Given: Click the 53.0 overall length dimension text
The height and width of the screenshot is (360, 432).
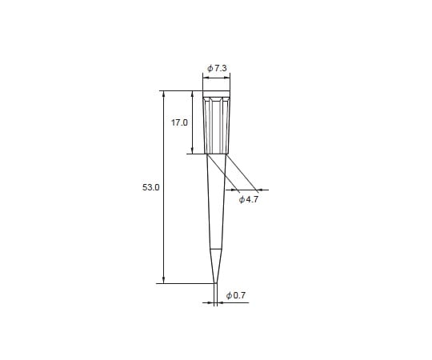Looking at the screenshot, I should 151,186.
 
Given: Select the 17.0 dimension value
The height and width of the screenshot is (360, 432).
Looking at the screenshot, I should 179,122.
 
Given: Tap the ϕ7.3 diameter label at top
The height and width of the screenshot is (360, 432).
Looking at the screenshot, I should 217,69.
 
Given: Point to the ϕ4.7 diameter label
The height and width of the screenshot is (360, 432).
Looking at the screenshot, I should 249,199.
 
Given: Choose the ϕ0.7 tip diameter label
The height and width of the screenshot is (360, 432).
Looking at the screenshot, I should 236,295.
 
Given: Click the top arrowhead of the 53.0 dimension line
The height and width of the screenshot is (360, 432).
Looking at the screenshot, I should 164,94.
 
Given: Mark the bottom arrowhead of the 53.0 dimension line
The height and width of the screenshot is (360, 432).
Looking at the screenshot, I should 164,279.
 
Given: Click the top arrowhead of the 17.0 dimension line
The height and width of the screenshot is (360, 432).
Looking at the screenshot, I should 192,94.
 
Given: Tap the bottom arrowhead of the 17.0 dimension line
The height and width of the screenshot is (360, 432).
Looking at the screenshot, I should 192,150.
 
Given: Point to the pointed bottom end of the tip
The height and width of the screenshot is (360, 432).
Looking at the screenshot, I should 215,282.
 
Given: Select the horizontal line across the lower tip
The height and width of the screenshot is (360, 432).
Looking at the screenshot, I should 215,249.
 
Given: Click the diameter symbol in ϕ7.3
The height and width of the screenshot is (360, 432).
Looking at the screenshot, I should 210,69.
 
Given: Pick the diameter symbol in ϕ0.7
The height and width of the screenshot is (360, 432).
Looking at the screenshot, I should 229,295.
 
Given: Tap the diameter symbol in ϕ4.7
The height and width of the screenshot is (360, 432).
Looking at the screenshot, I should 242,199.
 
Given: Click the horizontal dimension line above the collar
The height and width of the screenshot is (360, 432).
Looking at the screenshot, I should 216,78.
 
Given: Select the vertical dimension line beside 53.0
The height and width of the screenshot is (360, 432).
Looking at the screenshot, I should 164,224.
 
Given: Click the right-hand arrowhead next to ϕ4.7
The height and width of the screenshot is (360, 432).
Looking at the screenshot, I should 259,190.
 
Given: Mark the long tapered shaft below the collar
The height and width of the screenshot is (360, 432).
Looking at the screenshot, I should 215,200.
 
